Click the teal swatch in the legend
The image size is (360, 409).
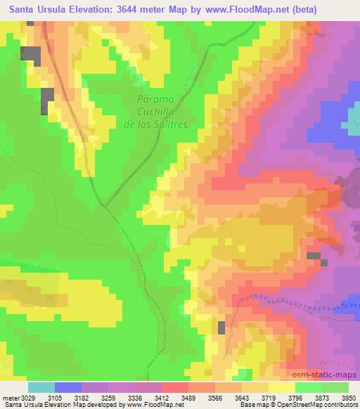(41, 387)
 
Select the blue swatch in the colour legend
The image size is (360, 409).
(67, 387)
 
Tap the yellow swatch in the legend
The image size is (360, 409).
(281, 387)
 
